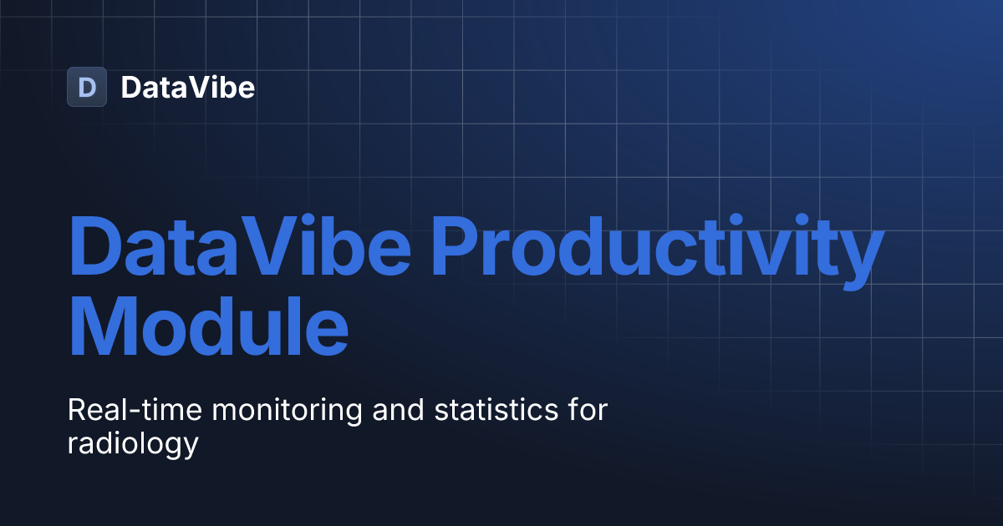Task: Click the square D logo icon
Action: coord(87,87)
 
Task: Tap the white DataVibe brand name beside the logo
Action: coord(187,87)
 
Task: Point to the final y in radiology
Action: coord(191,447)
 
